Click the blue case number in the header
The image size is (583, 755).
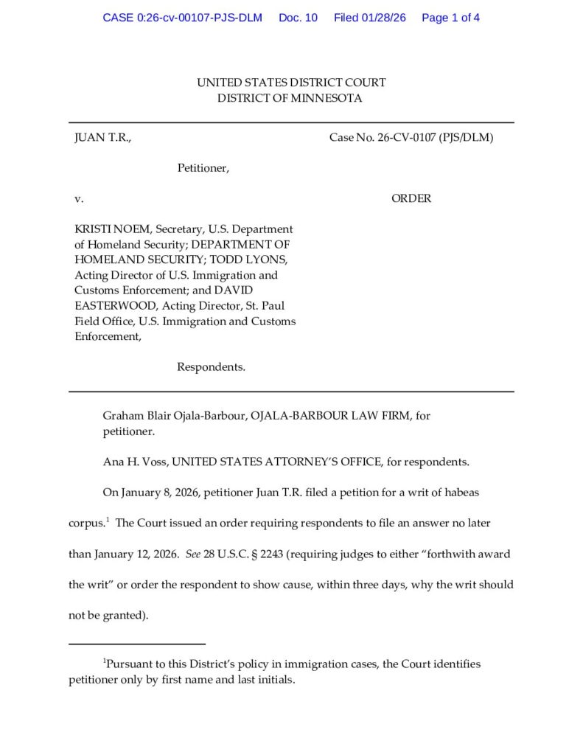(182, 18)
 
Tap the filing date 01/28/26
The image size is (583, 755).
(382, 18)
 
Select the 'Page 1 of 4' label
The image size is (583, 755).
(450, 18)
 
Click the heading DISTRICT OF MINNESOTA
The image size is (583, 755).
(290, 99)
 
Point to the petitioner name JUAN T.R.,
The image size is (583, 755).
(102, 138)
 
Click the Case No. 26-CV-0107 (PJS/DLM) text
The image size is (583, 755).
(411, 138)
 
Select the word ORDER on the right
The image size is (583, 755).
(411, 198)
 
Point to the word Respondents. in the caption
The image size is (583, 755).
(211, 367)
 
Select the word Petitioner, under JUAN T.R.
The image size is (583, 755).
(203, 168)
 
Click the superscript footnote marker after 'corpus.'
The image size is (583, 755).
(108, 520)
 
